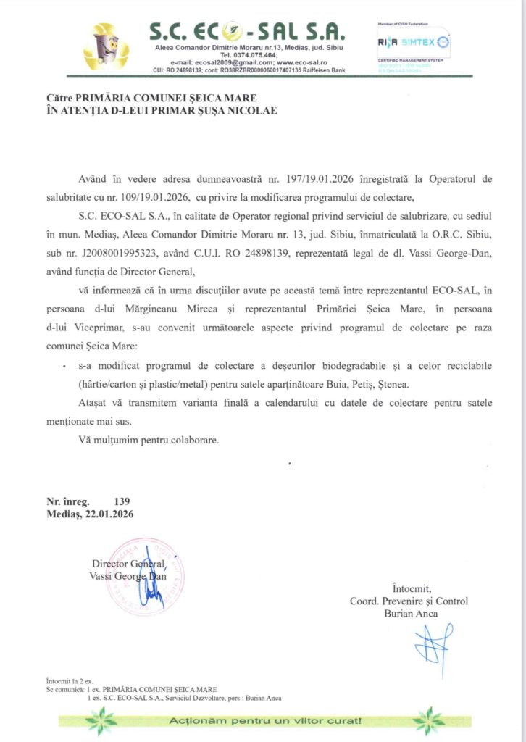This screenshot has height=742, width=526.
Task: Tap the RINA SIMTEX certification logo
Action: coord(413,43)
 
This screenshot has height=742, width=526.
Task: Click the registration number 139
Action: coord(122,501)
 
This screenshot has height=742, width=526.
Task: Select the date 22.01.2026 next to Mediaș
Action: coord(110,514)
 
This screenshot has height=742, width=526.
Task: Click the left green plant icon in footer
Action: coord(101,720)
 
